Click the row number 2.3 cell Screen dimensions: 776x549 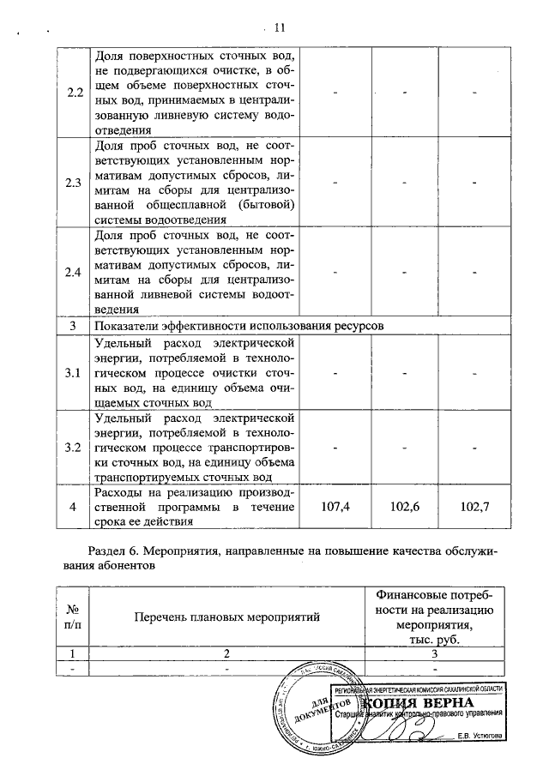[73, 182]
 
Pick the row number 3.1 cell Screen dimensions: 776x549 [73, 373]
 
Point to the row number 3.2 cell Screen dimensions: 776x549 [73, 448]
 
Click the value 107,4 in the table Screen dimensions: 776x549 [335, 507]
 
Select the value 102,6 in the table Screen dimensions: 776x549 [403, 507]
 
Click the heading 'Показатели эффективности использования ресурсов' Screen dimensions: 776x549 [237, 326]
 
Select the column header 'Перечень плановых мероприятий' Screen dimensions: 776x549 [226, 616]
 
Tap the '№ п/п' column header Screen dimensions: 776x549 [73, 616]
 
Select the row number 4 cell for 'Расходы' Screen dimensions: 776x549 [73, 507]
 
